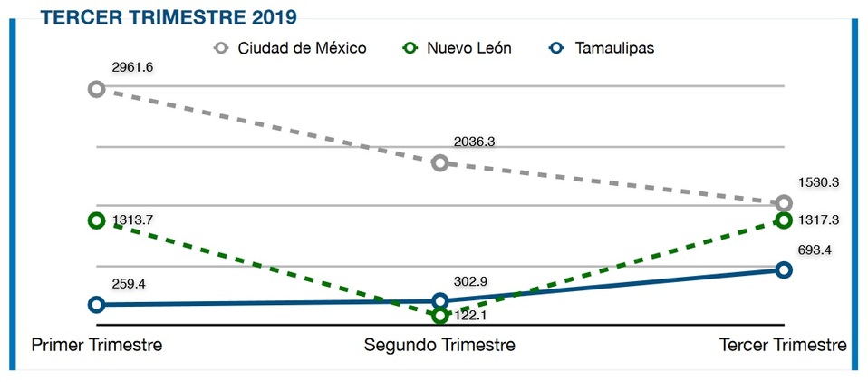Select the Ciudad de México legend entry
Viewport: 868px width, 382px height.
tap(290, 48)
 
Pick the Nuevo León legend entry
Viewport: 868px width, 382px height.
tap(457, 48)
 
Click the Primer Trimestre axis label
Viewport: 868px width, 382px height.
tap(97, 346)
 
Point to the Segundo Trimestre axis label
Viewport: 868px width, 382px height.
tap(439, 346)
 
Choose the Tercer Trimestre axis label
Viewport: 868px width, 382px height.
tap(783, 346)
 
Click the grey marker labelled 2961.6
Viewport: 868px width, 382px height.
tap(96, 89)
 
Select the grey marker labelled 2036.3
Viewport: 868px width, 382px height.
tap(439, 163)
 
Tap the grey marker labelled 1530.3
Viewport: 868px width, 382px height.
tap(784, 203)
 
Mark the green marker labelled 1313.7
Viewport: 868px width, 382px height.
tap(96, 220)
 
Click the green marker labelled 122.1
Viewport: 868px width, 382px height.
tap(439, 316)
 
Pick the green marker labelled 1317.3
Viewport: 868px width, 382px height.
tap(784, 220)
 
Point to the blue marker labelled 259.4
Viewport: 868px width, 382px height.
tap(96, 305)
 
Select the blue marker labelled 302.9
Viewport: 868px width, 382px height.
tap(439, 300)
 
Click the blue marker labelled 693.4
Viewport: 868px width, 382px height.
tap(784, 269)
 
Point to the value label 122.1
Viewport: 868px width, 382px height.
tap(472, 316)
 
